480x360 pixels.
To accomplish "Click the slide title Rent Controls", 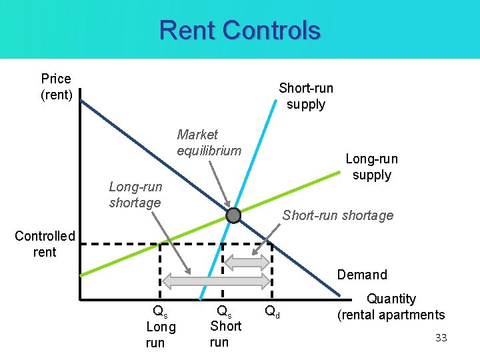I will (240, 31).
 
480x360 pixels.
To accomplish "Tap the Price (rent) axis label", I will (57, 87).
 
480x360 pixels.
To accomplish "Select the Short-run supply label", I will (306, 96).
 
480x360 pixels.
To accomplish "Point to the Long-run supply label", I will (371, 167).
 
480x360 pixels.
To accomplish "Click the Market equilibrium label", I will (209, 143).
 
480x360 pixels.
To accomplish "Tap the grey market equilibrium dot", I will (233, 215).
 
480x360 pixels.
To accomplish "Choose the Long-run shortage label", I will (135, 195).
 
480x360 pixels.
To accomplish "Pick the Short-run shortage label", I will (337, 215).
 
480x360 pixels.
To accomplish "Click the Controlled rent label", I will (45, 244).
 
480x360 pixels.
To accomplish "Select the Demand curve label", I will (362, 275).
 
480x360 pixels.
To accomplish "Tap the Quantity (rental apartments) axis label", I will (391, 307).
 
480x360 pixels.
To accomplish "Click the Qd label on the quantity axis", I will (272, 311).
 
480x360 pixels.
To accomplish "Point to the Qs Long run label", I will (161, 327).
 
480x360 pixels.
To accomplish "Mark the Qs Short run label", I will (225, 326).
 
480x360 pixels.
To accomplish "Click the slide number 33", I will (441, 338).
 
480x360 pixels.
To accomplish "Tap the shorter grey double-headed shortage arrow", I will (250, 262).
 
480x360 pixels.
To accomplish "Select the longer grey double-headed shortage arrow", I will (217, 281).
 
